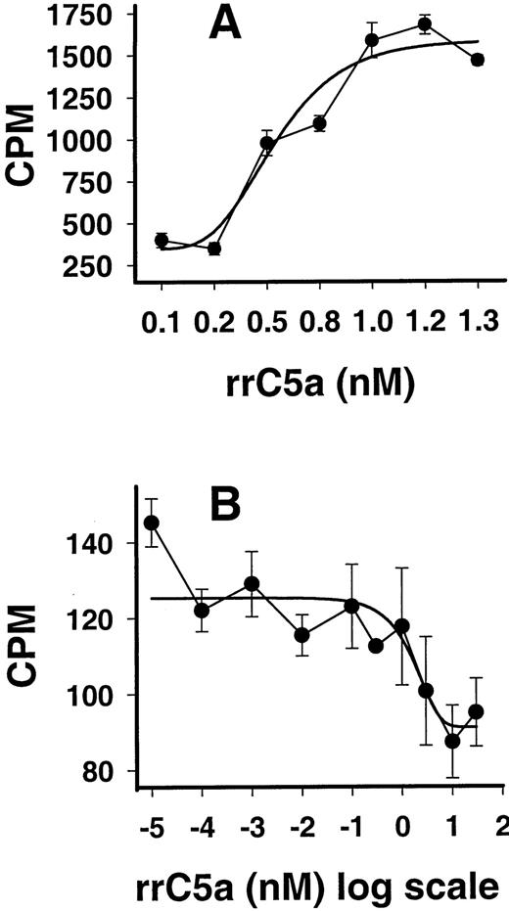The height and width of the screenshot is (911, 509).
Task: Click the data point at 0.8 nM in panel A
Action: (319, 123)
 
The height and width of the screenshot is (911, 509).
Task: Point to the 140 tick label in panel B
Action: (97, 542)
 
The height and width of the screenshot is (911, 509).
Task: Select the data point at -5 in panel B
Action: (151, 522)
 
